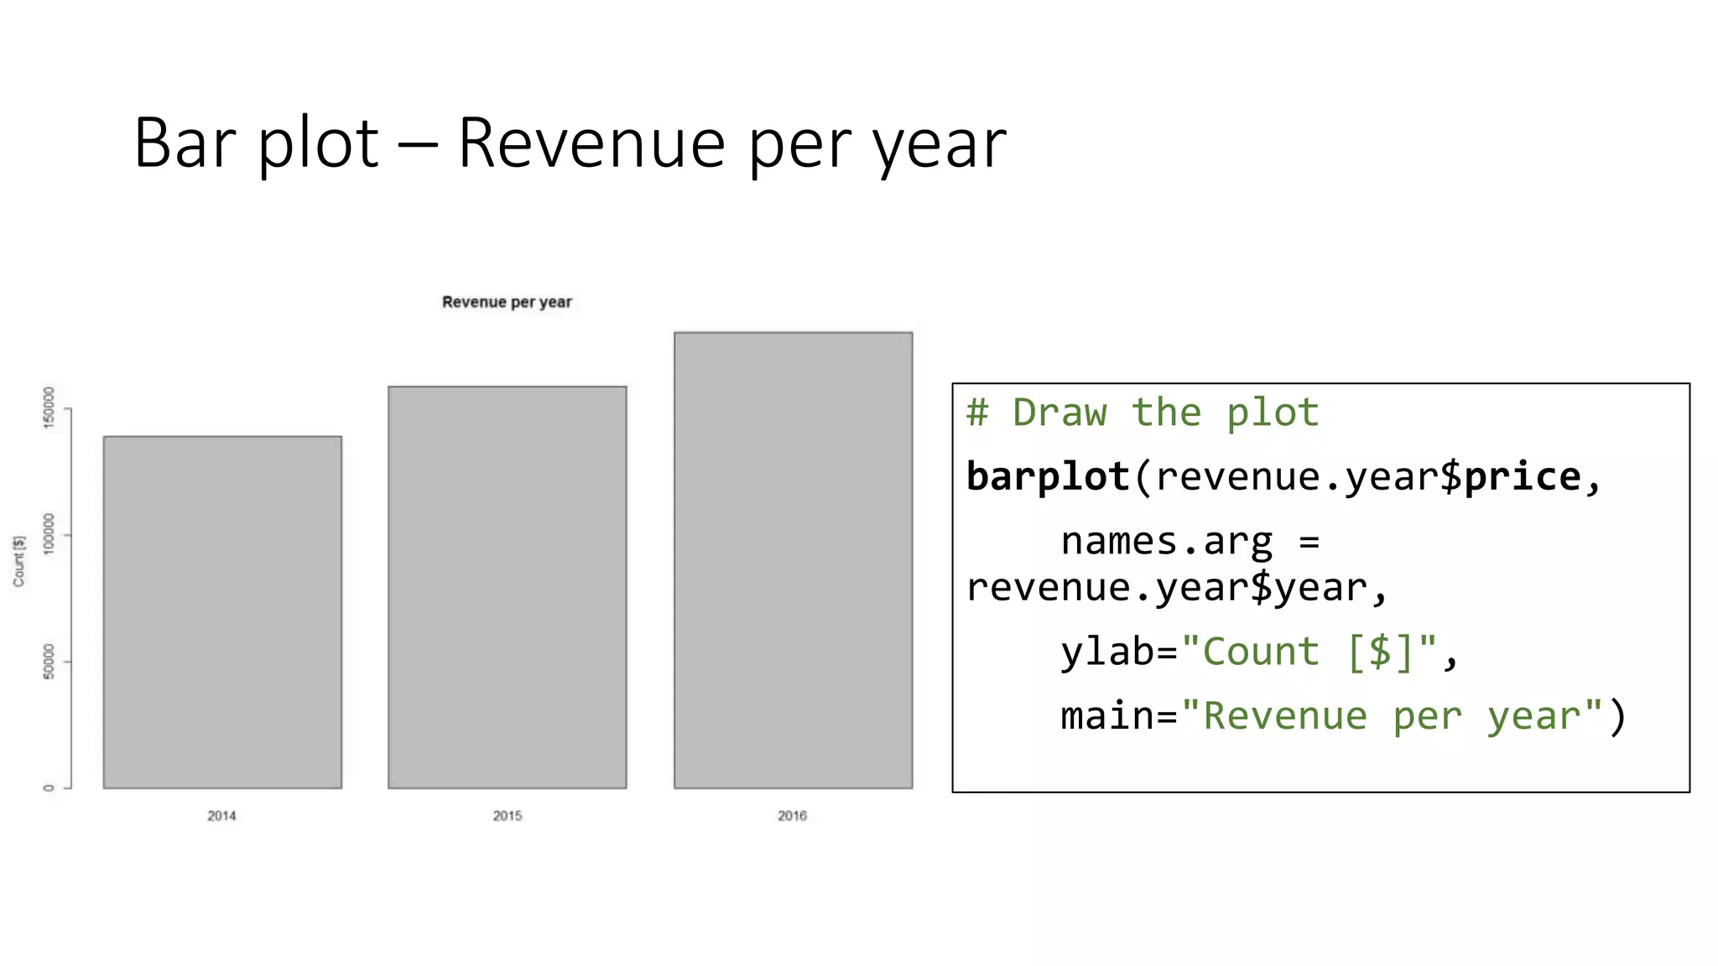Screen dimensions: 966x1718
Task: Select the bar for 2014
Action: [222, 612]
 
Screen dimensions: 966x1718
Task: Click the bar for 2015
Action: [507, 587]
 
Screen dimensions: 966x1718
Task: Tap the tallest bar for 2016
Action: [793, 560]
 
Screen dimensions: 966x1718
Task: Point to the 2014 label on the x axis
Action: [221, 816]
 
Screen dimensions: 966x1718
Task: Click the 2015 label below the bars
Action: [507, 816]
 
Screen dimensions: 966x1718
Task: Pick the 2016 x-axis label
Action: [792, 816]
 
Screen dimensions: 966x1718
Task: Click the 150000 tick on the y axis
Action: [49, 408]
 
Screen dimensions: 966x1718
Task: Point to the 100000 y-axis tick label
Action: [49, 533]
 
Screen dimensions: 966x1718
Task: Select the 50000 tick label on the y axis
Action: [49, 662]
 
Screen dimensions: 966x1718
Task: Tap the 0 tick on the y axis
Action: [49, 787]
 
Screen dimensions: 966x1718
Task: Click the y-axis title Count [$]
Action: [18, 561]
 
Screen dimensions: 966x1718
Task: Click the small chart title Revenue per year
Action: [507, 302]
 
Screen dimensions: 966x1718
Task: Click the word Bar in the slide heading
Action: [185, 143]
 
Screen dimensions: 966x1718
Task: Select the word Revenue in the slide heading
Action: [591, 143]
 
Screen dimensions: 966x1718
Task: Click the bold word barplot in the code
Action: [1047, 476]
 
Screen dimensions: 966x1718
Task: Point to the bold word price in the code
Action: [1522, 476]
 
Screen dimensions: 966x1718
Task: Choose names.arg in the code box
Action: [1166, 542]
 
